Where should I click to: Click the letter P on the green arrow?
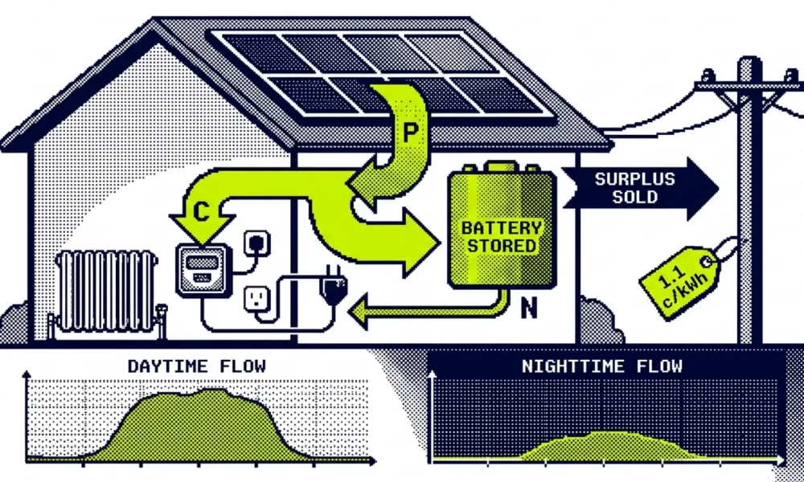pyautogui.click(x=410, y=133)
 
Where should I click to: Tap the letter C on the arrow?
pyautogui.click(x=201, y=211)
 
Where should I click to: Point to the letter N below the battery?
pyautogui.click(x=529, y=308)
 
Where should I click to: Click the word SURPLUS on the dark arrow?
pyautogui.click(x=635, y=179)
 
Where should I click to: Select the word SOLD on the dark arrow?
pyautogui.click(x=635, y=197)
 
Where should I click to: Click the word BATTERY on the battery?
pyautogui.click(x=502, y=228)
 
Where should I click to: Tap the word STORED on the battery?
pyautogui.click(x=502, y=246)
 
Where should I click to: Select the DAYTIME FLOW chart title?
pyautogui.click(x=197, y=366)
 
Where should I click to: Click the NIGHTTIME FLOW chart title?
pyautogui.click(x=602, y=366)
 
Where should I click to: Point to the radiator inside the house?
pyautogui.click(x=106, y=292)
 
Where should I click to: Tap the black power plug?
pyautogui.click(x=334, y=288)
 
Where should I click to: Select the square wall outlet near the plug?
pyautogui.click(x=257, y=299)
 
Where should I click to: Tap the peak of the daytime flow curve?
pyautogui.click(x=210, y=390)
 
